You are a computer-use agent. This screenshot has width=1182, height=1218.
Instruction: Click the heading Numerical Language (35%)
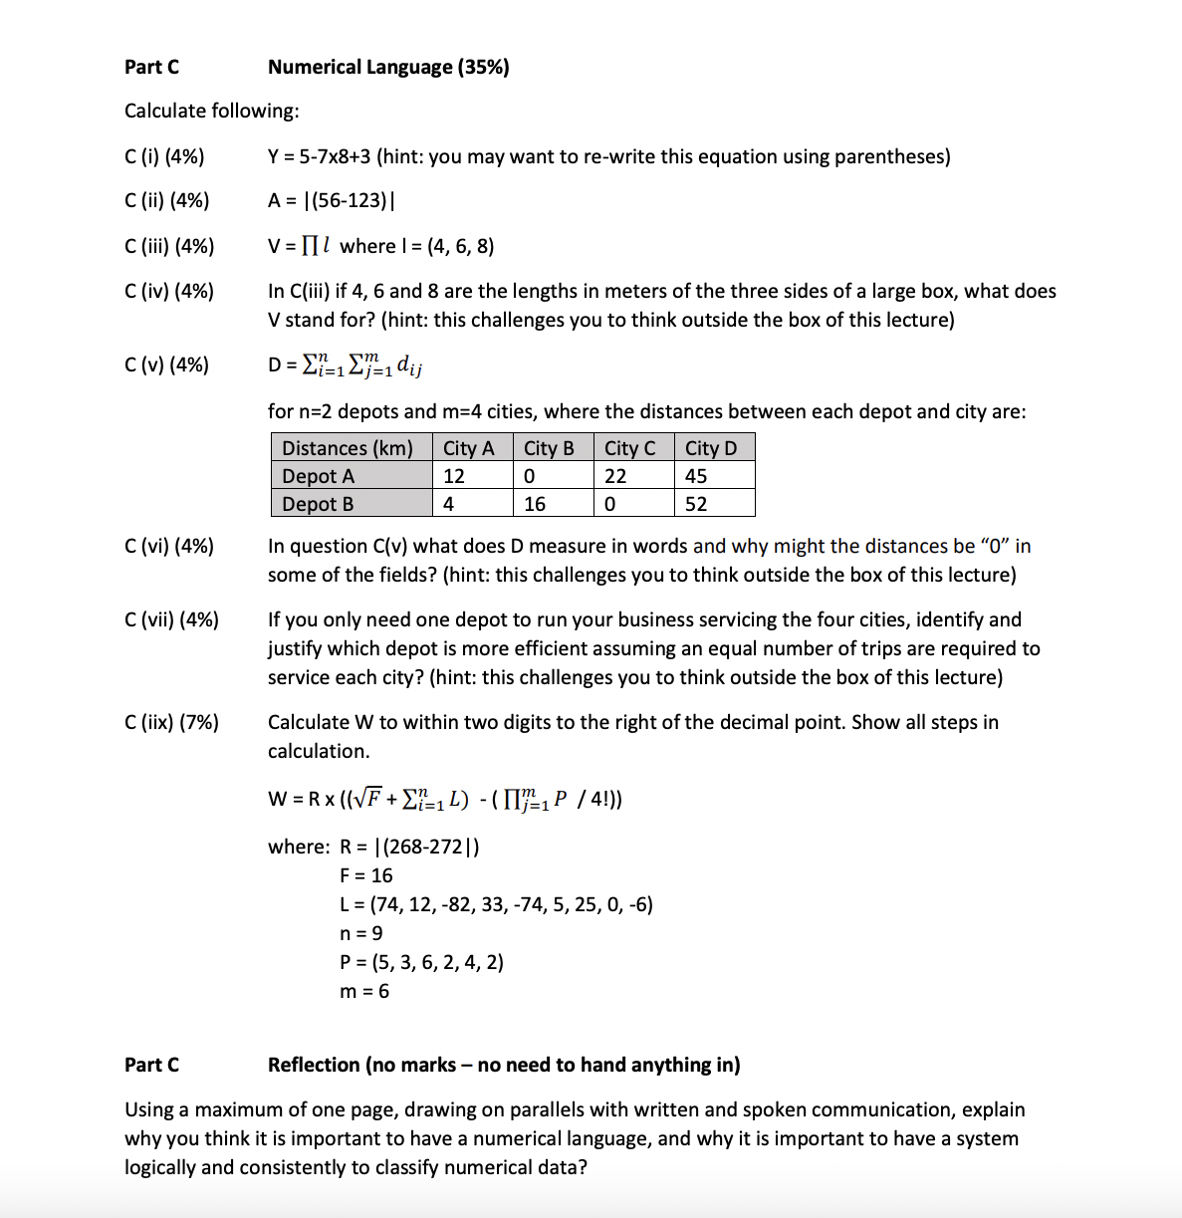388,67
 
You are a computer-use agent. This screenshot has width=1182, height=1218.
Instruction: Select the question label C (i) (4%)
164,156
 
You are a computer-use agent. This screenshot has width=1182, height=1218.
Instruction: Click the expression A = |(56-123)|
331,200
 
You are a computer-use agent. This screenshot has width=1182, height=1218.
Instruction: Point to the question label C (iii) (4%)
169,246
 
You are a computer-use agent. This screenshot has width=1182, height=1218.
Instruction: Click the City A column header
468,448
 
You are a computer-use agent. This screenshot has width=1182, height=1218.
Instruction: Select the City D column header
711,448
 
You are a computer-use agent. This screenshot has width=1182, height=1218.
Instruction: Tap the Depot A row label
319,476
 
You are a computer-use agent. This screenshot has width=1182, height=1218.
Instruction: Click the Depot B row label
319,504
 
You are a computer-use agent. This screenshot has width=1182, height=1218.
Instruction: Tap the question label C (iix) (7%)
171,722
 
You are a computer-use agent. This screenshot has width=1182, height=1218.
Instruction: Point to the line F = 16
365,875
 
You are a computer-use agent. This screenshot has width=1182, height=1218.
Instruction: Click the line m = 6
364,991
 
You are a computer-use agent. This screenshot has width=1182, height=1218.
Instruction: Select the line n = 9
360,933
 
